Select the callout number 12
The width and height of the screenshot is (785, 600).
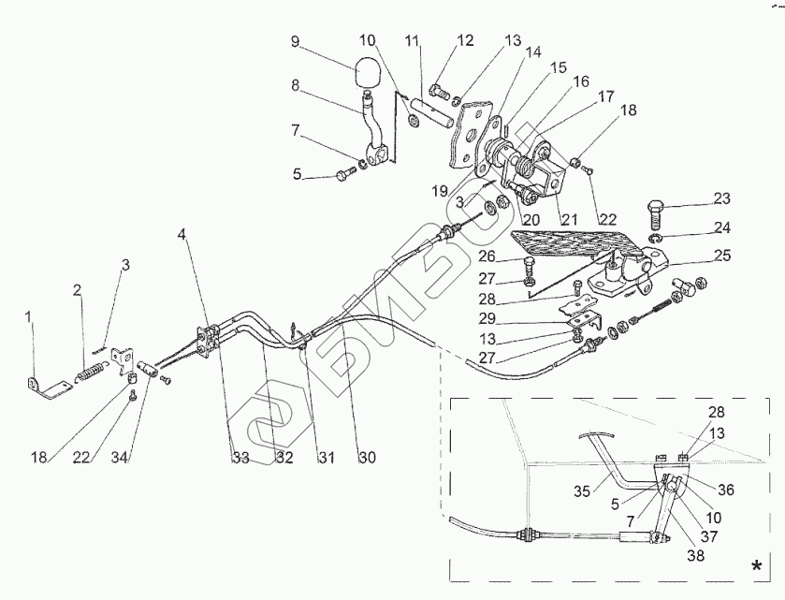pos(466,41)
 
